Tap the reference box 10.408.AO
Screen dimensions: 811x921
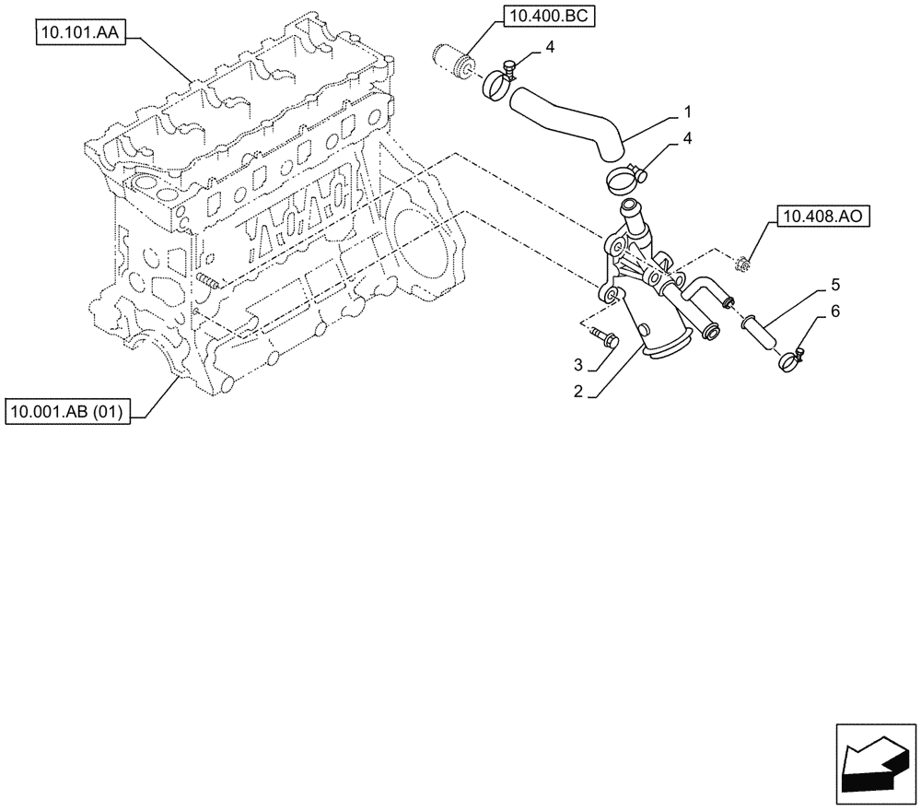pos(822,217)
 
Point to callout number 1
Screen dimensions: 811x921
pos(687,112)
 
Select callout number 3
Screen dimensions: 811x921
pos(577,363)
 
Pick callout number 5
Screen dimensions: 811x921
pos(834,285)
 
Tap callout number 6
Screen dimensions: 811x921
pos(834,312)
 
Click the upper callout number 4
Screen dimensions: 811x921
pos(550,46)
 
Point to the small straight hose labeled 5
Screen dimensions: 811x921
pos(761,331)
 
